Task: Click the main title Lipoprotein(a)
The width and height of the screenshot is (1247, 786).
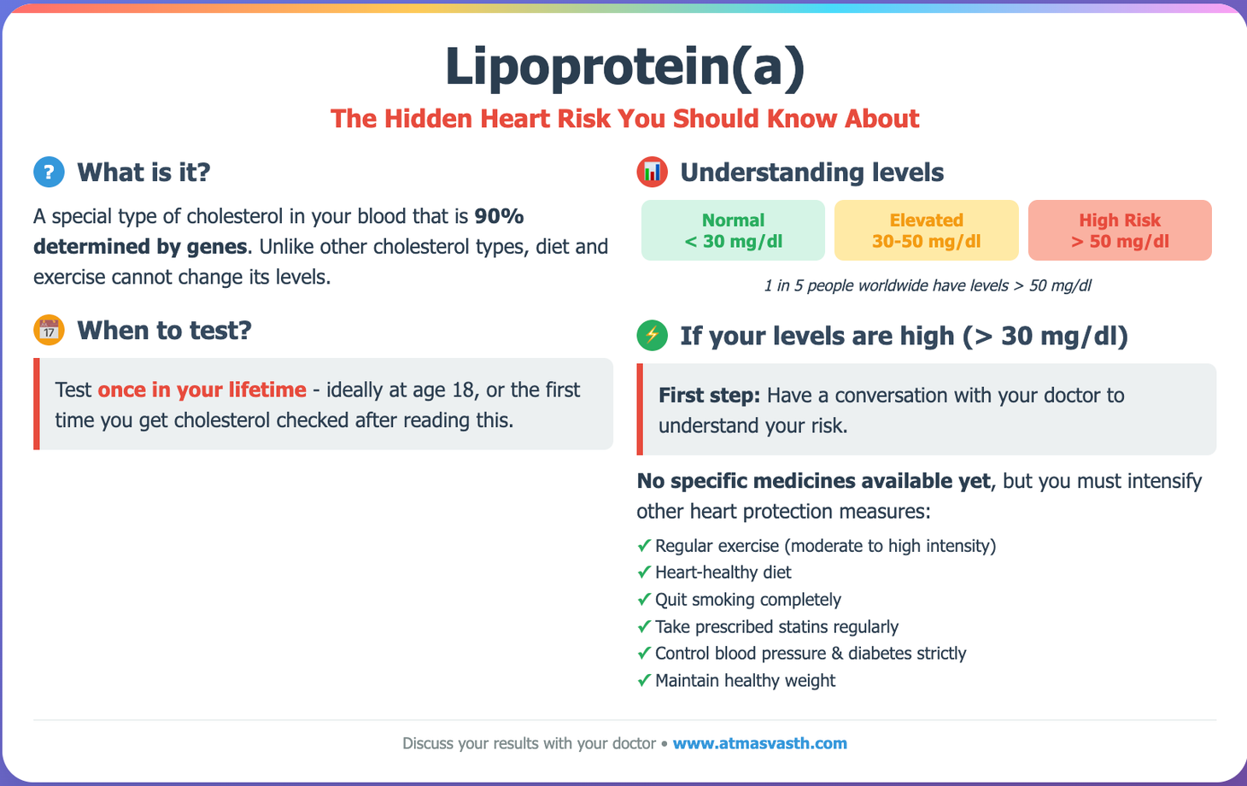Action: (624, 67)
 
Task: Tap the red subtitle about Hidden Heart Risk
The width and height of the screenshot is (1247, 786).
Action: (624, 118)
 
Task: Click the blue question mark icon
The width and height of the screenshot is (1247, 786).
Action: (49, 172)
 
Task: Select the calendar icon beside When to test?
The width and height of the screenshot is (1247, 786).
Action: (49, 330)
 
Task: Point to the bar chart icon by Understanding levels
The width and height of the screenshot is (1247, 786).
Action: (652, 172)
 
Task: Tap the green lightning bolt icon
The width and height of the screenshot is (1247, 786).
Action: (652, 335)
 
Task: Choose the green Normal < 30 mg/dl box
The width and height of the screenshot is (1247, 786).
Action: (733, 230)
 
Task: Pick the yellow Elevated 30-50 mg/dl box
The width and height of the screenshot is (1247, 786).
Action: (926, 230)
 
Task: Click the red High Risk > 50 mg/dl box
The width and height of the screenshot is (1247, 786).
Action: (1120, 230)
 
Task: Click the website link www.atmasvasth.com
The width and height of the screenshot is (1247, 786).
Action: (759, 743)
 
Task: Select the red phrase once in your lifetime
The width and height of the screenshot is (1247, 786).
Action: (202, 390)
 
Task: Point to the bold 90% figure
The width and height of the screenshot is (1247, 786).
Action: (499, 216)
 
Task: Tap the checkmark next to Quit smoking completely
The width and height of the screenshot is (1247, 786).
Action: (644, 600)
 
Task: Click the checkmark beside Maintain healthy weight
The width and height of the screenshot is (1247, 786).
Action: (644, 681)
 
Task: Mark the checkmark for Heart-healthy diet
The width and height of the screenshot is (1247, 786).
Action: (644, 572)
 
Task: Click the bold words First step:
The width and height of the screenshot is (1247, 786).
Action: (709, 396)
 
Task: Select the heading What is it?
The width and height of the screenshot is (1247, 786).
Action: (143, 172)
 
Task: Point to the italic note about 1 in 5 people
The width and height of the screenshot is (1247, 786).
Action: (927, 285)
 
